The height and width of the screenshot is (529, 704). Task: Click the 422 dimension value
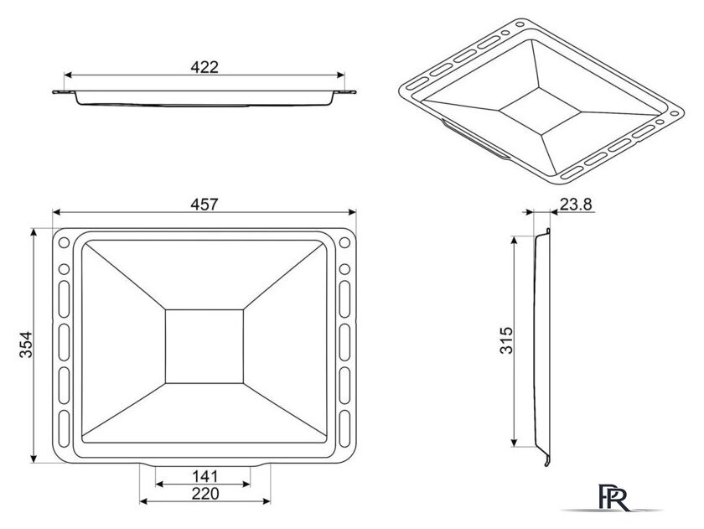click(x=204, y=67)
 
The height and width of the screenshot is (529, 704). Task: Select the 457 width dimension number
click(x=204, y=205)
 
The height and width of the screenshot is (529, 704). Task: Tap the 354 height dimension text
click(x=26, y=345)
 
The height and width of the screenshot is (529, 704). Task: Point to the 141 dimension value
click(x=204, y=476)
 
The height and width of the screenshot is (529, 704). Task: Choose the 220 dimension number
click(x=205, y=494)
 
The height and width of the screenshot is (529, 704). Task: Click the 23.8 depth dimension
click(x=576, y=205)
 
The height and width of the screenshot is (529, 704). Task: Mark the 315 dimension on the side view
click(x=506, y=340)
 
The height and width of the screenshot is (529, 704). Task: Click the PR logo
click(x=613, y=498)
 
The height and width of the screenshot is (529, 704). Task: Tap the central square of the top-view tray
click(x=204, y=346)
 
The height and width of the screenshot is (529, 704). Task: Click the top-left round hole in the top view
click(x=65, y=242)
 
